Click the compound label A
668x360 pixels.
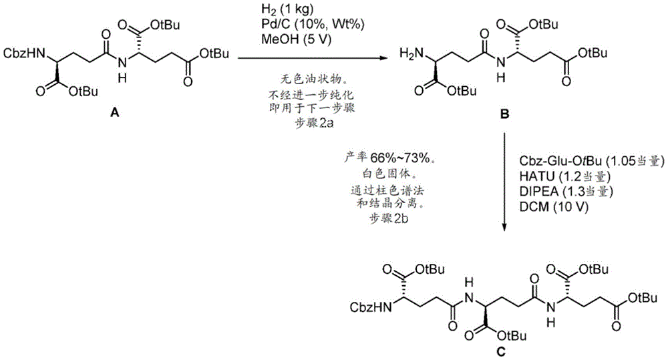(x=115, y=114)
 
